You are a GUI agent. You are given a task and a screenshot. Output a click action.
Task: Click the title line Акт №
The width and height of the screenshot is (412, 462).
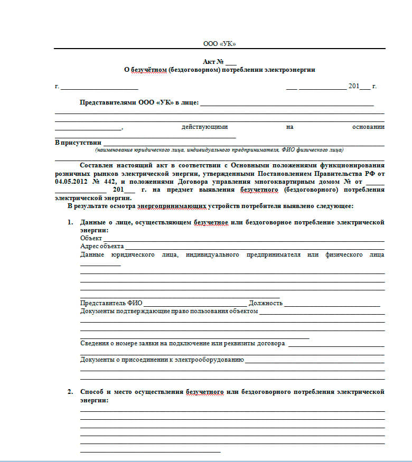click(216, 62)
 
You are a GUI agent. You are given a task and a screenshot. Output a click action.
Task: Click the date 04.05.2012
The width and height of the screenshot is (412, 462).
click(71, 181)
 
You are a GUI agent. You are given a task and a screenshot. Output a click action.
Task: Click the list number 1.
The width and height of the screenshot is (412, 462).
click(70, 223)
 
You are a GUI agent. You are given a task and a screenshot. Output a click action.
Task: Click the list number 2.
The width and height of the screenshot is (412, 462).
click(70, 392)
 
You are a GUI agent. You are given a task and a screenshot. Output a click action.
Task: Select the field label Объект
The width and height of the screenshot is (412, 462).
click(91, 238)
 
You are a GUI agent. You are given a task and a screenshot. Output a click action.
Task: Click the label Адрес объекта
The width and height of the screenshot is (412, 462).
click(102, 246)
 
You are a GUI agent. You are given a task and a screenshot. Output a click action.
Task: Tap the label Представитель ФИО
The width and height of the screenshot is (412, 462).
click(111, 303)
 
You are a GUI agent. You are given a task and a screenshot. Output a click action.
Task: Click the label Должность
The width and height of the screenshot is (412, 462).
click(266, 303)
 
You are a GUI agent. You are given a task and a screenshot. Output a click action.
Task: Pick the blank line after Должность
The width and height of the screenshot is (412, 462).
click(332, 305)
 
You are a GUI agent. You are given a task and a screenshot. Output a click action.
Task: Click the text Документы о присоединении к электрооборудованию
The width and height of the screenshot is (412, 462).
click(162, 360)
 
